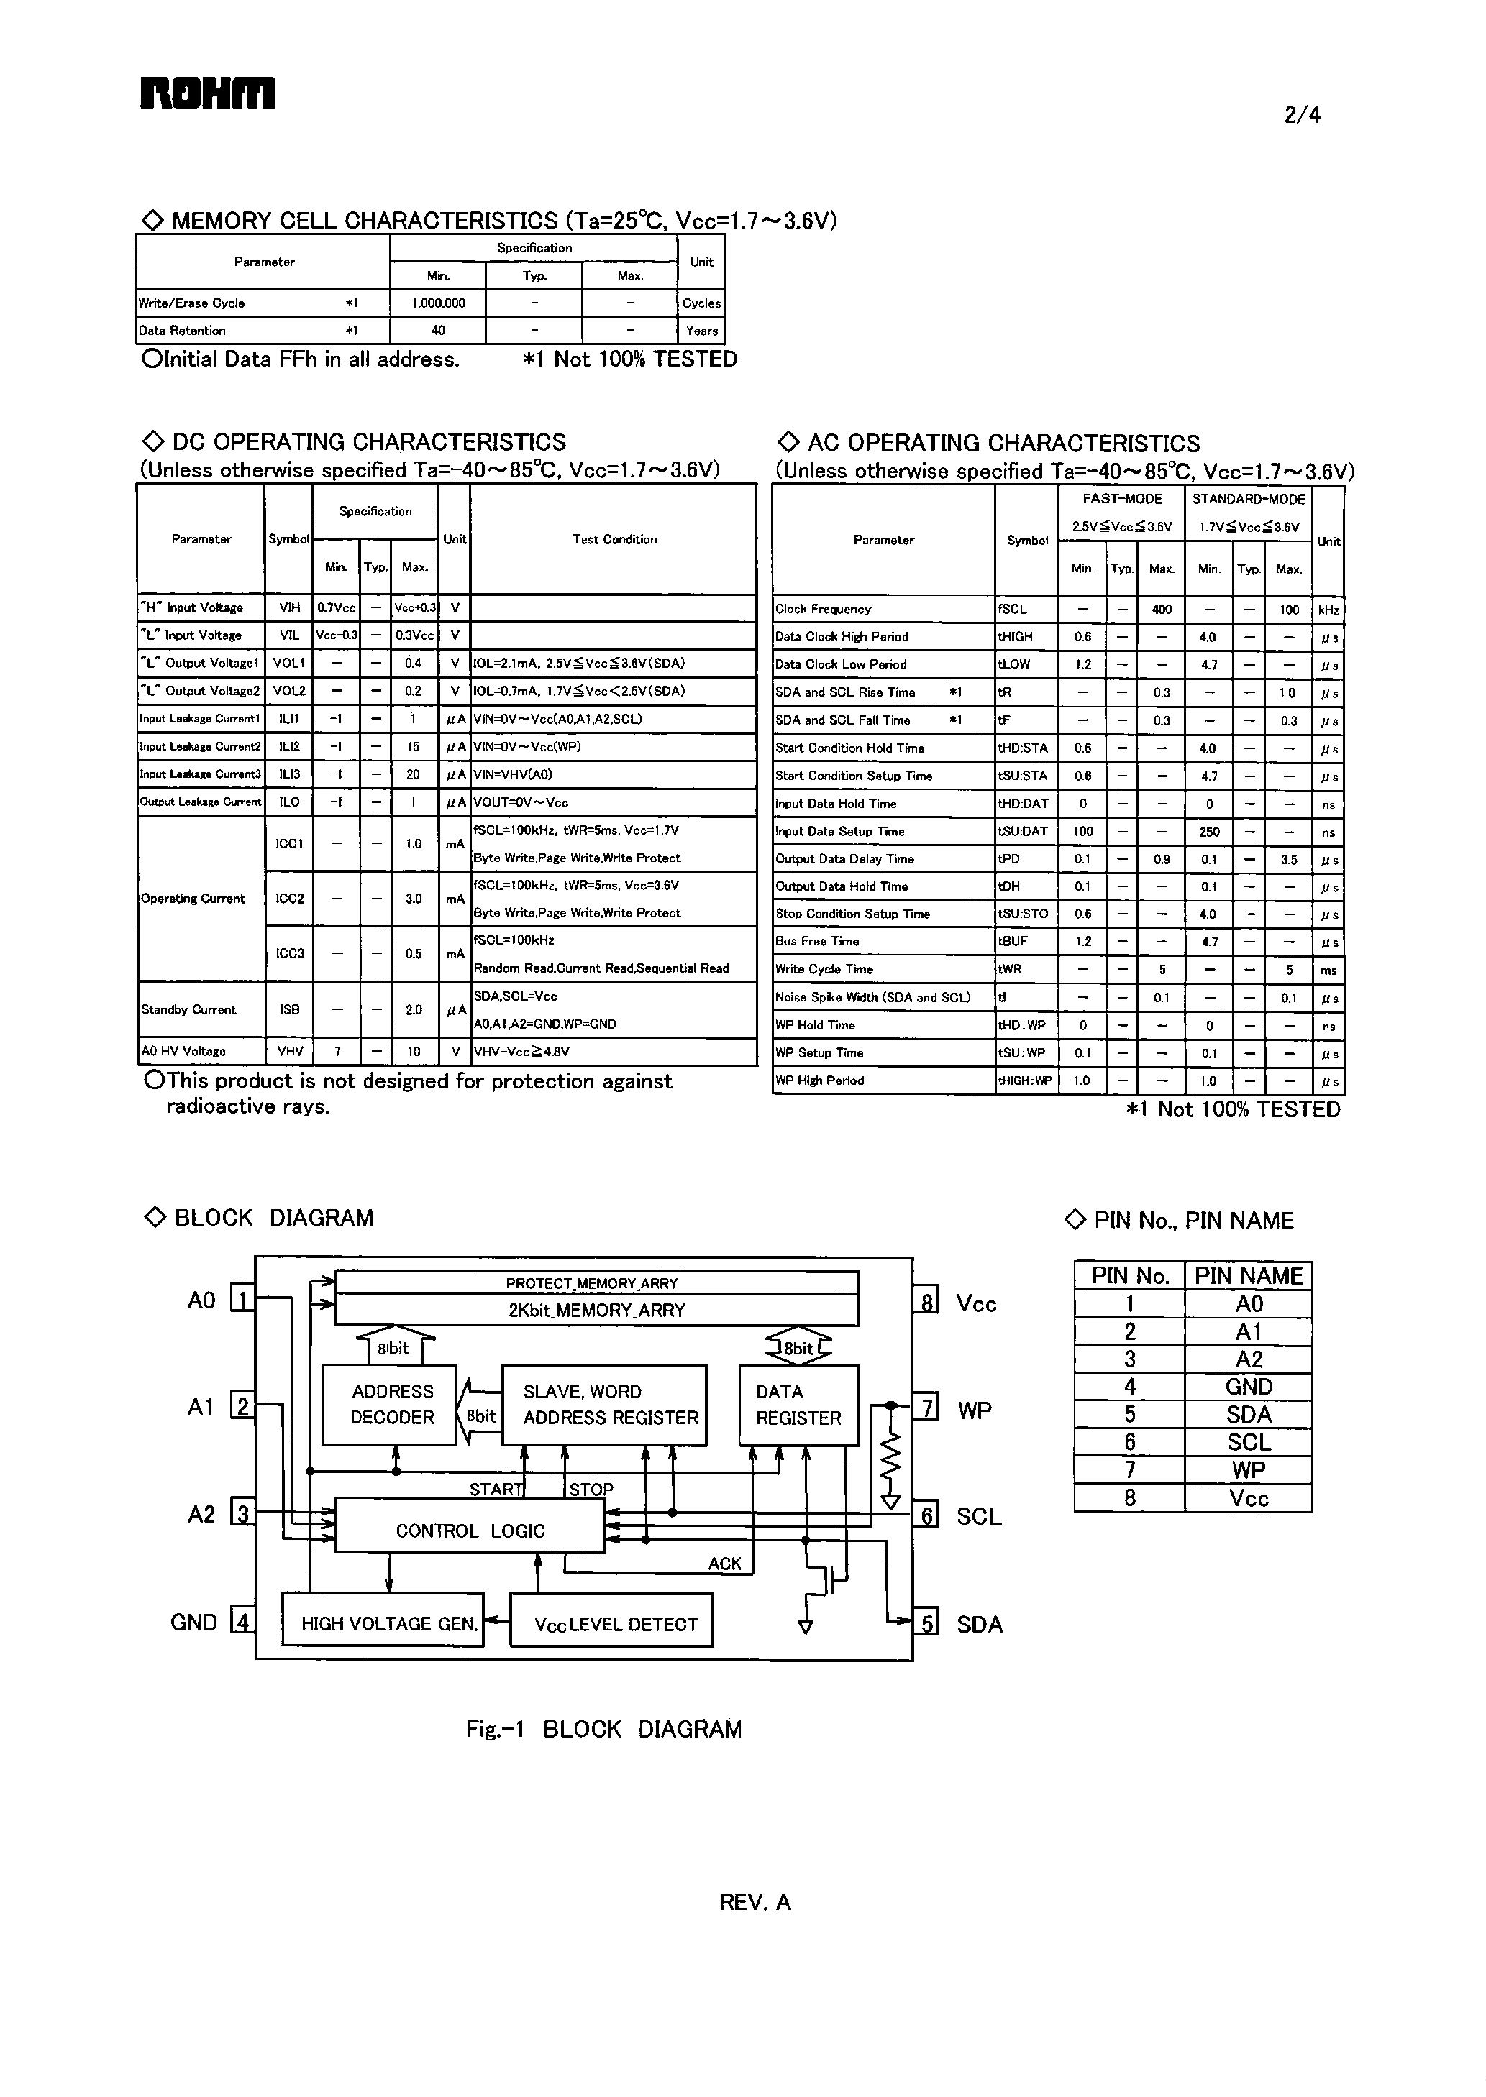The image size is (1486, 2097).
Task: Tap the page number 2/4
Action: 1302,115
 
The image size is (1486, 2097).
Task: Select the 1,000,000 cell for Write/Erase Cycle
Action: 438,303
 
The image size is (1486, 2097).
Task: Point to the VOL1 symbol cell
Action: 288,663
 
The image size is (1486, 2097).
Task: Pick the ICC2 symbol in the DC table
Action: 289,898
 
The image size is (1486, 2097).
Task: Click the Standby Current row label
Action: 188,1009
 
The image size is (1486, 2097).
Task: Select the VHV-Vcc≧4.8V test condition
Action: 521,1052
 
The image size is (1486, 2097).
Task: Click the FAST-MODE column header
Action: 1122,500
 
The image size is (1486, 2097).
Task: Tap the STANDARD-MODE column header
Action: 1248,500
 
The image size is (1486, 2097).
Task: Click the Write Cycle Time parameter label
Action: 824,969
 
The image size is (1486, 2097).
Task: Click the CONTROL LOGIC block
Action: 470,1531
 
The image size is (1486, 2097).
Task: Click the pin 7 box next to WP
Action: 926,1407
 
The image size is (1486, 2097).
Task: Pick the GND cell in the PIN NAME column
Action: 1248,1387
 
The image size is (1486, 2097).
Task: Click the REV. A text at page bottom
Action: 755,1902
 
